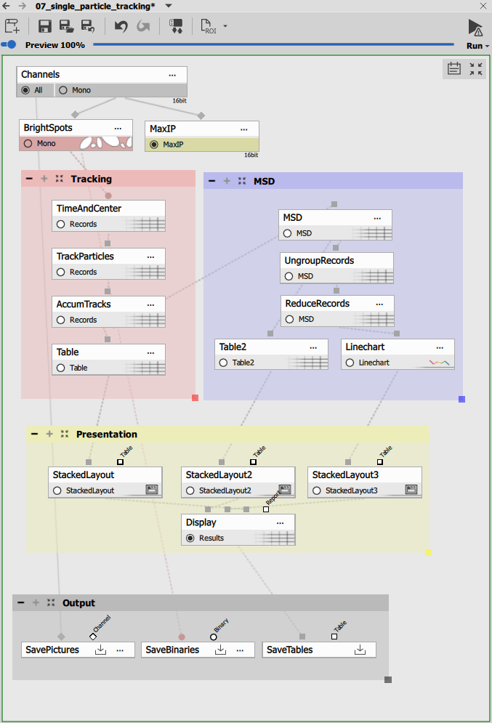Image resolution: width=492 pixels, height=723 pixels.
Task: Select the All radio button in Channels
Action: pos(26,90)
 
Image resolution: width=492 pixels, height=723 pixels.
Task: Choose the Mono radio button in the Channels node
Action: pos(63,90)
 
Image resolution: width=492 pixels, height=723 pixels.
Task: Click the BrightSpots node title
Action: pos(48,128)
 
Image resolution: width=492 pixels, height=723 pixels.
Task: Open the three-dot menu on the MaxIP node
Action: pos(243,129)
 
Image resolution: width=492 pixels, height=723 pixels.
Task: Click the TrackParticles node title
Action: pos(85,257)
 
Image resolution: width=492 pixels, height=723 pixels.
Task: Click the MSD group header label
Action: pos(264,181)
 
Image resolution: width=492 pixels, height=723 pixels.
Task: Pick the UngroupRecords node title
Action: pos(319,260)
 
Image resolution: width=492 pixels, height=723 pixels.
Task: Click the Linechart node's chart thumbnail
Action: pos(439,362)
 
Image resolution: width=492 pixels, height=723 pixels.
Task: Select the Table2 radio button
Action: pos(223,363)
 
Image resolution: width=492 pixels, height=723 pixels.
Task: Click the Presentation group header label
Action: pos(106,435)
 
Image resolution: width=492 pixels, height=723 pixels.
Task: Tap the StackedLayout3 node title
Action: pos(345,474)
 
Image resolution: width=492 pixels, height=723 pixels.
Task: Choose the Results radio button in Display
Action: pos(190,538)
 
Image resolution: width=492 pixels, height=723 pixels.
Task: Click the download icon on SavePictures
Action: pos(101,650)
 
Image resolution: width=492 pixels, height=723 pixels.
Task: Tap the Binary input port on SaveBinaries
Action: pos(214,637)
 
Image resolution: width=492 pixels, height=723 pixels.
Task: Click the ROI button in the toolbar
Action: pos(209,27)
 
